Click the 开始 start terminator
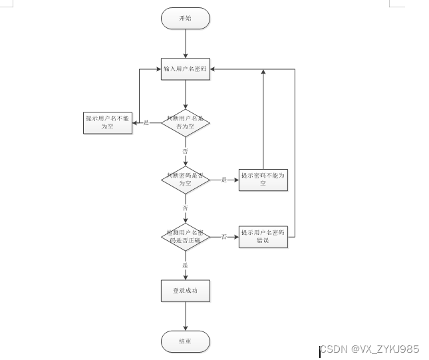[x=185, y=18]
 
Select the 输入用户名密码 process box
[x=186, y=69]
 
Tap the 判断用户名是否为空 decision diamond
[x=186, y=122]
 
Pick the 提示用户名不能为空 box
[x=107, y=122]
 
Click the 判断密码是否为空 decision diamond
[x=186, y=180]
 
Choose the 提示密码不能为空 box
[x=263, y=180]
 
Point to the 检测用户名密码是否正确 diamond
[x=186, y=237]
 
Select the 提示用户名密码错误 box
[x=263, y=237]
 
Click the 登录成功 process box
[x=186, y=291]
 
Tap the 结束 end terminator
[x=186, y=341]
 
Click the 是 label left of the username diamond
[x=146, y=122]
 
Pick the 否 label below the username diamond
[x=186, y=151]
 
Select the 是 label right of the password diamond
[x=224, y=180]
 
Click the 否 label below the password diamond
[x=186, y=208]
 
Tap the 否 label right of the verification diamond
[x=224, y=237]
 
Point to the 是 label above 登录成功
[x=186, y=265]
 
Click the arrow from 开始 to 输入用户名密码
[x=186, y=43]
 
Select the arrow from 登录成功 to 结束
[x=186, y=316]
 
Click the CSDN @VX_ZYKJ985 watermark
[x=370, y=349]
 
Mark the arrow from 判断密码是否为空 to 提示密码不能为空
[x=229, y=180]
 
